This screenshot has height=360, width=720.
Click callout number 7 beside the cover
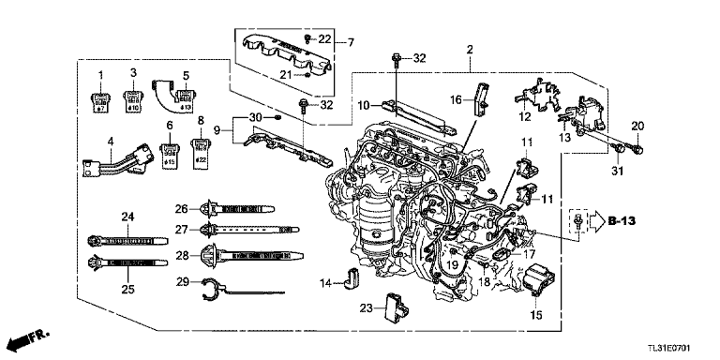tap(350, 43)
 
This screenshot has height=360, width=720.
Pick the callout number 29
tap(183, 281)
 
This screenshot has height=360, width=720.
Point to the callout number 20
tap(637, 127)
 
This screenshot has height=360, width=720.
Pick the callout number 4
tap(111, 142)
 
